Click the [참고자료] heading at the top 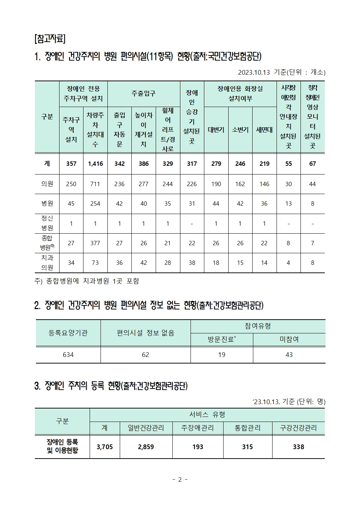(49, 38)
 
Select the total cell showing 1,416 (95, 164)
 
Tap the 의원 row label (47, 184)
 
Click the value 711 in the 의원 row (95, 184)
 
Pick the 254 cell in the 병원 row (95, 204)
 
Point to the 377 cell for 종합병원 (95, 243)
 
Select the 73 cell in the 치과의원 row (95, 263)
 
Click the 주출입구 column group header (144, 94)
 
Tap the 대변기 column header (216, 130)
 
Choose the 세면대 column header (264, 130)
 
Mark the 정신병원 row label (47, 223)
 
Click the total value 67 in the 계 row (312, 164)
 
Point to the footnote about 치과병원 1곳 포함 (87, 281)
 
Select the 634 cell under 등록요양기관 (68, 355)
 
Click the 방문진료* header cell (222, 340)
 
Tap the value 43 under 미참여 (289, 355)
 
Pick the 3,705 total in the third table (105, 447)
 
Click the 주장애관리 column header (198, 428)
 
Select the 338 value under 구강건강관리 (298, 447)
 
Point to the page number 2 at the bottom (180, 480)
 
